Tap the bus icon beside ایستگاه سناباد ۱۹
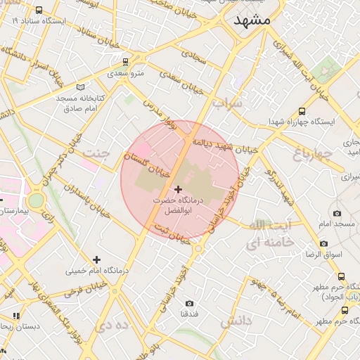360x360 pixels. (38, 11)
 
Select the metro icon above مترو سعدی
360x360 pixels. (126, 62)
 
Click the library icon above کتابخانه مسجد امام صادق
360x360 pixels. (81, 86)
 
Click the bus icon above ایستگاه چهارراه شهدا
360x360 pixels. (302, 111)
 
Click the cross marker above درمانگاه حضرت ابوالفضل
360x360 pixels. (178, 188)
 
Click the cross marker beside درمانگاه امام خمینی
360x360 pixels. (96, 259)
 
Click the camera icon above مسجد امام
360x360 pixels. (337, 213)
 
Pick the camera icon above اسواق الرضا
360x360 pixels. (323, 243)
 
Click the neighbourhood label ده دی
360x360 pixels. (115, 325)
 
